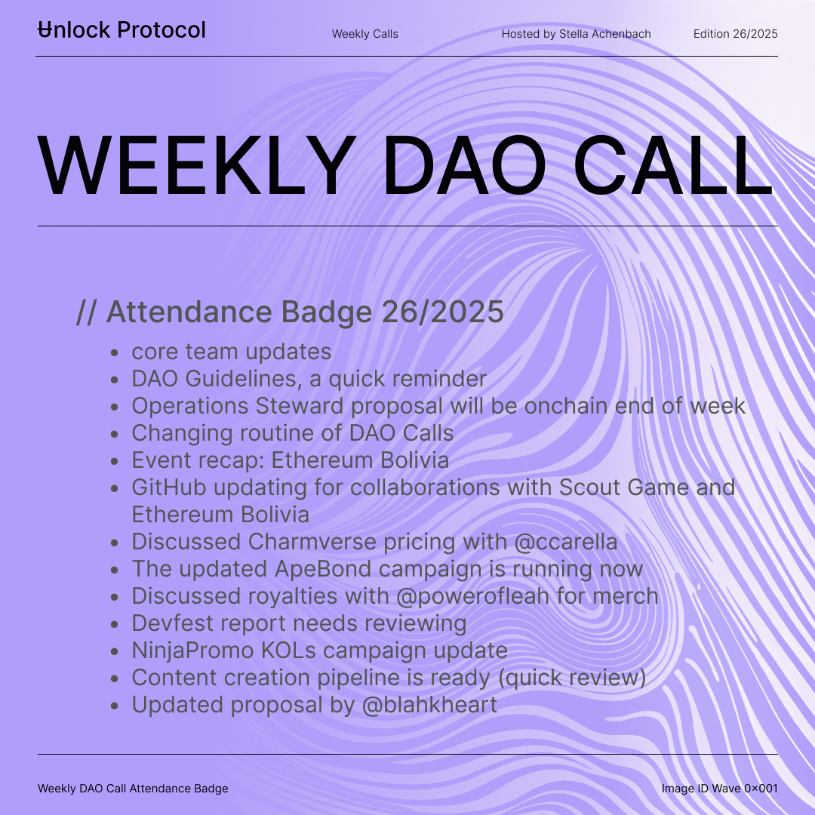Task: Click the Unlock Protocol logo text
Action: (x=122, y=30)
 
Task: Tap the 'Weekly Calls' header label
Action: (x=365, y=34)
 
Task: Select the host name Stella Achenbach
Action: (x=604, y=34)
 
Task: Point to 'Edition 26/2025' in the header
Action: (x=736, y=34)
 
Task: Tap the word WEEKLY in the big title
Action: (x=197, y=165)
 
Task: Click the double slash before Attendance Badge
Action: (x=86, y=312)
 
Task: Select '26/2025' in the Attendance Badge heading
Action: (x=443, y=312)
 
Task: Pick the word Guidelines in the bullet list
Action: (x=243, y=378)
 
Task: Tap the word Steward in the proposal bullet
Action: (x=300, y=406)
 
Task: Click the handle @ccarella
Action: (x=565, y=542)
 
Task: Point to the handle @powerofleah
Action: (x=472, y=596)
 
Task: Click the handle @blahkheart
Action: (x=429, y=705)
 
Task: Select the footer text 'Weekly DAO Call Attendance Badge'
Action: (x=133, y=789)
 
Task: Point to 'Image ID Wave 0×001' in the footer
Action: (x=719, y=789)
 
